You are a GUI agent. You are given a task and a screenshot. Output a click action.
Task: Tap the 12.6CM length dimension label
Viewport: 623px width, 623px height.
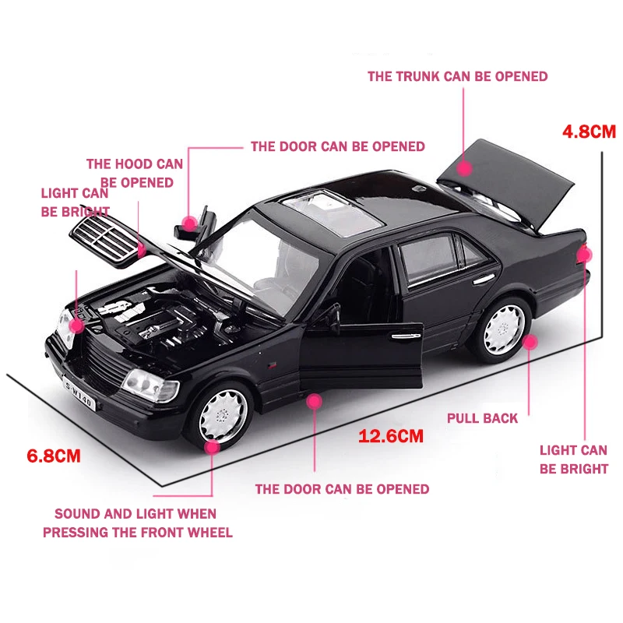tap(391, 435)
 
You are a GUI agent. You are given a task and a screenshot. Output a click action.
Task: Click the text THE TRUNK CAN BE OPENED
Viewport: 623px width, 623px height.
tap(457, 76)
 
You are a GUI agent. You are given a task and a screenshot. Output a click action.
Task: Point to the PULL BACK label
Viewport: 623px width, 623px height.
tap(482, 418)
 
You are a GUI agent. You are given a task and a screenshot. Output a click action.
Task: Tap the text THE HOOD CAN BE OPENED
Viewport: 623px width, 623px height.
tap(135, 173)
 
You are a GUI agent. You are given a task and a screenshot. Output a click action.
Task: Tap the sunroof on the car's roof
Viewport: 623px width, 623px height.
tap(335, 212)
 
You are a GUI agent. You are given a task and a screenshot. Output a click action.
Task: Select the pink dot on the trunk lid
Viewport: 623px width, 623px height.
tap(465, 168)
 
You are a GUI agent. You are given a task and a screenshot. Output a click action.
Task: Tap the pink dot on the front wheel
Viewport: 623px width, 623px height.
tap(212, 446)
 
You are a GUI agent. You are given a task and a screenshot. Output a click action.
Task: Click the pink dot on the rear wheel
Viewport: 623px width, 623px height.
tap(530, 340)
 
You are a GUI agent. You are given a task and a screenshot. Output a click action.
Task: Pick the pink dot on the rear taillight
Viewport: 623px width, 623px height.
tap(585, 254)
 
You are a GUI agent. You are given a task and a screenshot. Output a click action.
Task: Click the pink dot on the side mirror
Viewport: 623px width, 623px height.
tap(188, 223)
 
